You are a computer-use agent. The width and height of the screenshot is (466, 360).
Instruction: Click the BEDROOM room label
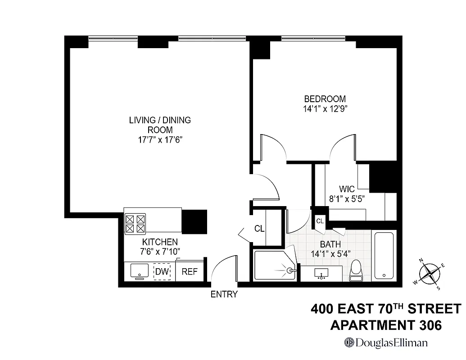point(325,99)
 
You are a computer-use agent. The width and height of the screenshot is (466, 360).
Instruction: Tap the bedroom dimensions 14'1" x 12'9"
point(325,108)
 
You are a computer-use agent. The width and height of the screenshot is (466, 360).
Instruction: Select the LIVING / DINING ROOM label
point(160,125)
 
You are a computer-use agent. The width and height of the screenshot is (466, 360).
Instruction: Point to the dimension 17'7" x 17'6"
point(160,139)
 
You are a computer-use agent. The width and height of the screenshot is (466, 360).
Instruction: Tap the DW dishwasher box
point(162,271)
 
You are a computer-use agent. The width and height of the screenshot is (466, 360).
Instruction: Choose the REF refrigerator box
point(190,271)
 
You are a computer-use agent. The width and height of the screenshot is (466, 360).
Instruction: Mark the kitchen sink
point(140,271)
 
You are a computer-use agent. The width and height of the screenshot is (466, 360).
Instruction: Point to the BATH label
point(330,244)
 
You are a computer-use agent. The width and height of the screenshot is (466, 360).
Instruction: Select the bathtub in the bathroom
point(384,255)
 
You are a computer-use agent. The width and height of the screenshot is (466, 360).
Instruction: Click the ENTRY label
point(224,294)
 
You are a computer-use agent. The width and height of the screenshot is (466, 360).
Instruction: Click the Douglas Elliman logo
point(386,342)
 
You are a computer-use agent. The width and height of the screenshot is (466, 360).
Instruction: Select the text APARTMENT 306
point(386,324)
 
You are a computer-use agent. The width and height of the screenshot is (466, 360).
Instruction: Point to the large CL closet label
point(259,229)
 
